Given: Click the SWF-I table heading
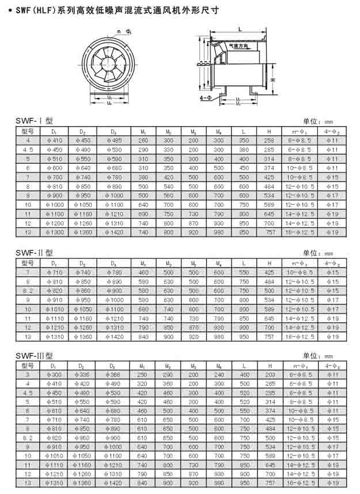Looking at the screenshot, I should pos(34,121).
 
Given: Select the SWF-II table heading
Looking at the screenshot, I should pos(35,252).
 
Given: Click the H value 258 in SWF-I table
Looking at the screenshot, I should pos(269,140).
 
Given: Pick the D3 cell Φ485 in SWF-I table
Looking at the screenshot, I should pos(114,140).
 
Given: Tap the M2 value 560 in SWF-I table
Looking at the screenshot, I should pos(168,195).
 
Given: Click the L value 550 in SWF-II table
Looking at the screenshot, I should pos(244,272).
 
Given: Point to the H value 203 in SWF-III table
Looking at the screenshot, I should pos(269,375).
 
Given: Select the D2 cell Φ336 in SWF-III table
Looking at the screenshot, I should pos(82,375).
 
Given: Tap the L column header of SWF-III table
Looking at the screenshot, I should pos(244,365).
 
